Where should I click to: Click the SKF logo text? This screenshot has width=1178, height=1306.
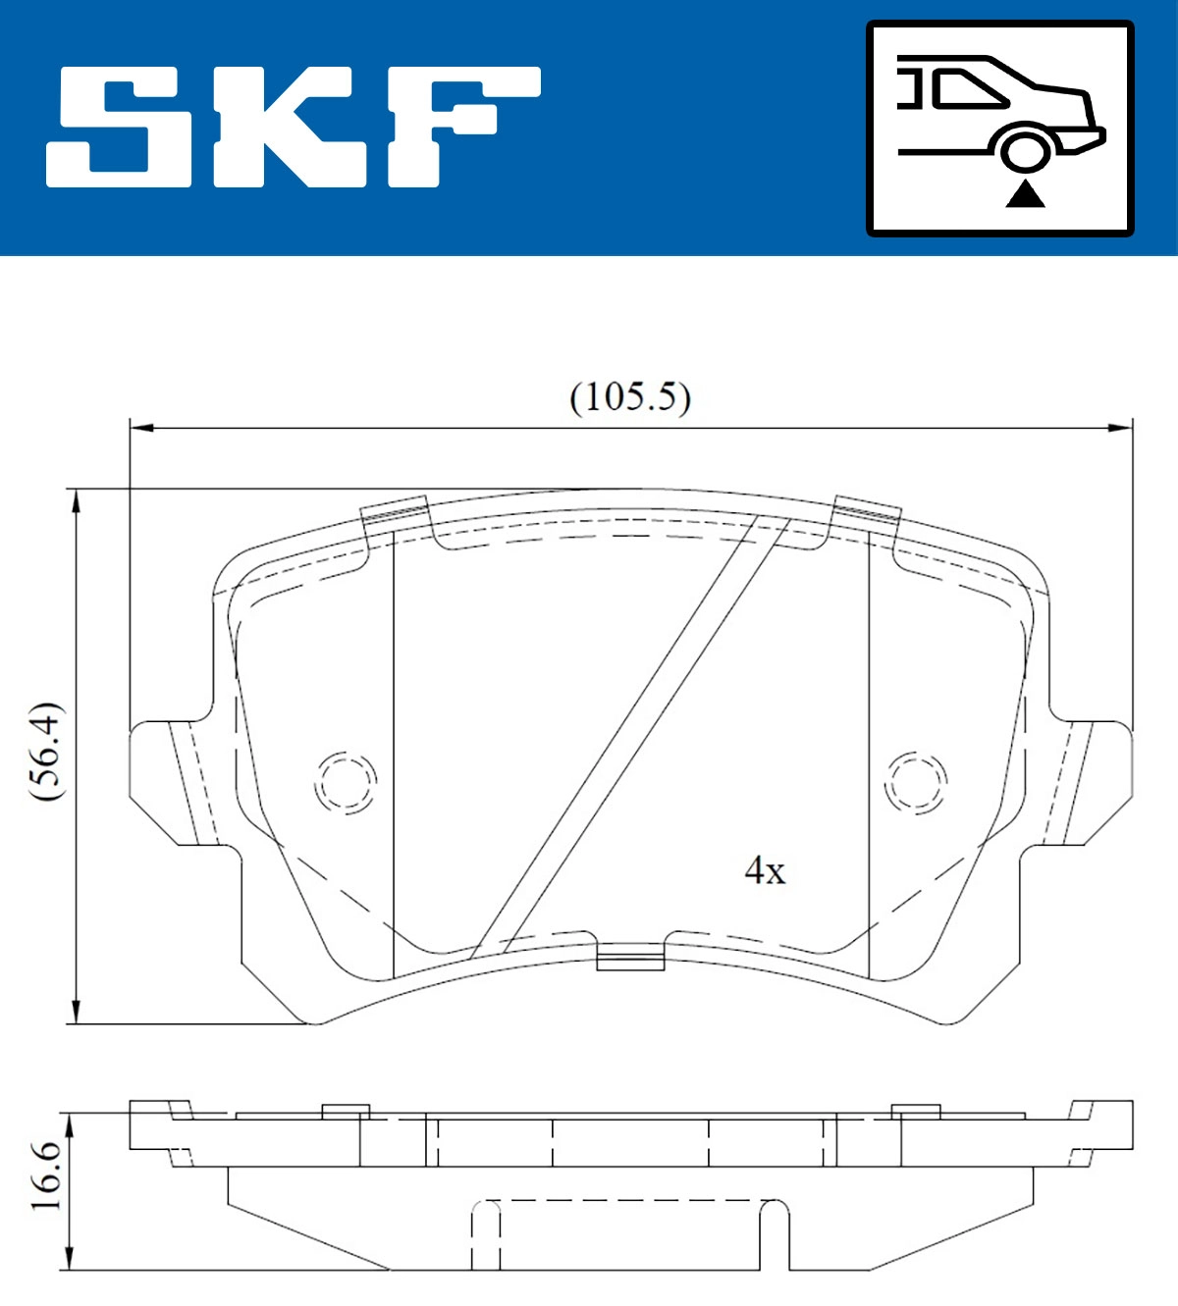pos(293,127)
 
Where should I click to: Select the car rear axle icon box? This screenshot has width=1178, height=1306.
pos(999,129)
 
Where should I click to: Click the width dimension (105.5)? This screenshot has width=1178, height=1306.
pos(630,397)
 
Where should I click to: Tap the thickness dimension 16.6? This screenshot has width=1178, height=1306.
pos(45,1175)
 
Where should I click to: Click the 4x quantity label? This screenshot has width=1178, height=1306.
pos(765,870)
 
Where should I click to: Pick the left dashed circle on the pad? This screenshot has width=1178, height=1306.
pos(346,782)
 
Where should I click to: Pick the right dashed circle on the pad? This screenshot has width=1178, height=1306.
pos(915,782)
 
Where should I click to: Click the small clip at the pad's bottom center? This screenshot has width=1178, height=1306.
pos(630,958)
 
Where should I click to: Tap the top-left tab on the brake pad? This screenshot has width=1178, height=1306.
pos(397,513)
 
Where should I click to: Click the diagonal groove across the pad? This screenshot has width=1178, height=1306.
pos(631,736)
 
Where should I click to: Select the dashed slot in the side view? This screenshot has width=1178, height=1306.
pos(630,1233)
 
